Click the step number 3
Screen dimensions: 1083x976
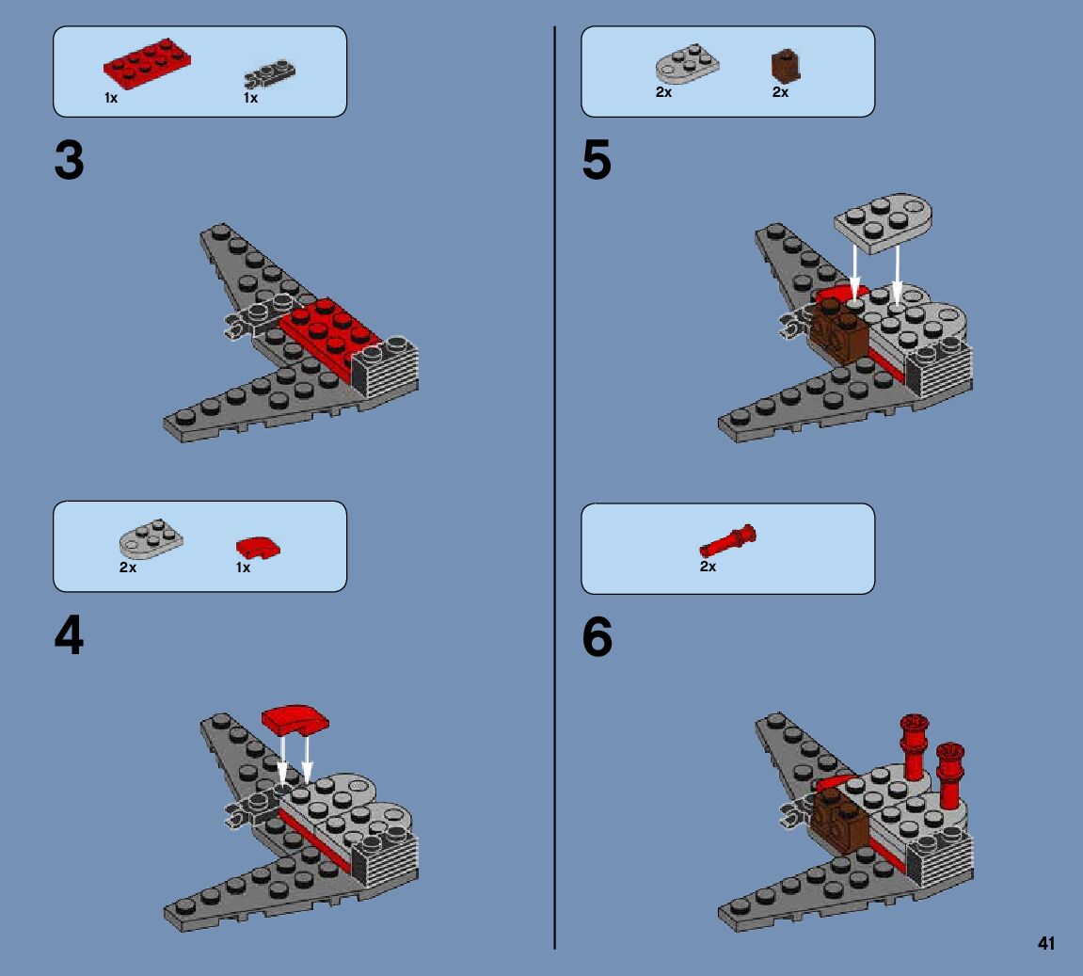click(x=69, y=160)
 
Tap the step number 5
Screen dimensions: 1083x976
click(x=597, y=160)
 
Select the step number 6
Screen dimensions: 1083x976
click(x=597, y=636)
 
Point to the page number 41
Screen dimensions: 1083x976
click(x=1045, y=944)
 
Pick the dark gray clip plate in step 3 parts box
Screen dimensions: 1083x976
click(x=269, y=74)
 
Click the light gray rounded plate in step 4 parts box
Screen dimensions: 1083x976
click(x=151, y=538)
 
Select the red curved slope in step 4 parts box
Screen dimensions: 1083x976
click(x=258, y=548)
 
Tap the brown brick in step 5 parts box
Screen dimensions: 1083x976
click(x=786, y=67)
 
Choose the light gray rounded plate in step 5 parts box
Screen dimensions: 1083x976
click(x=687, y=64)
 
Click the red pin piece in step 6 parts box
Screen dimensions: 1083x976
click(x=728, y=540)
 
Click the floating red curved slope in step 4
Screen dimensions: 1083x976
click(x=295, y=720)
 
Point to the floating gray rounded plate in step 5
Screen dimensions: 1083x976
click(x=884, y=222)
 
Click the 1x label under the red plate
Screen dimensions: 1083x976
click(x=111, y=98)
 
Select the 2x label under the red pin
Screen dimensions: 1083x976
click(x=708, y=567)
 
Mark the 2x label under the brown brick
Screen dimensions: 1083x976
click(x=780, y=92)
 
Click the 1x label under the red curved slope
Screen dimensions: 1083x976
click(x=243, y=568)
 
